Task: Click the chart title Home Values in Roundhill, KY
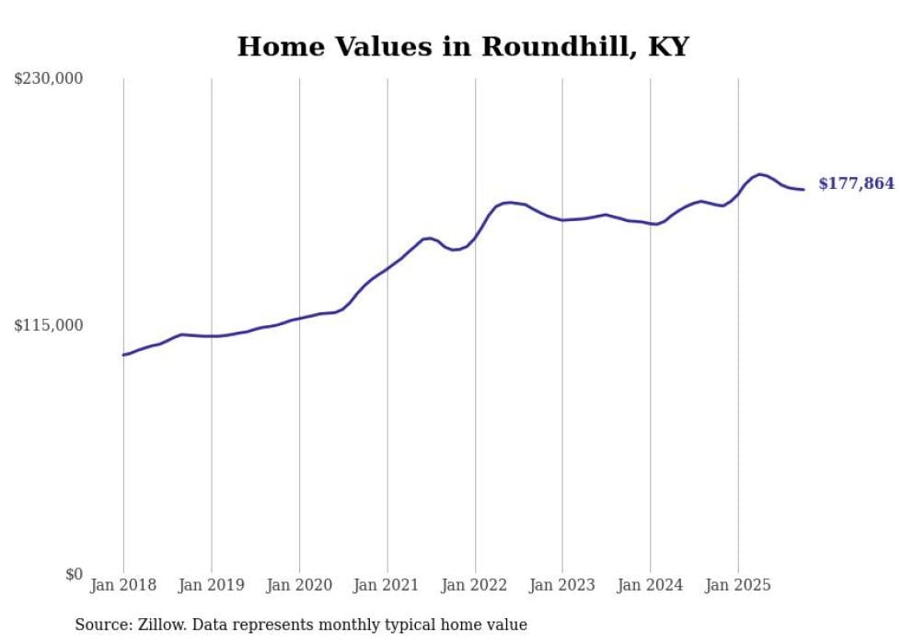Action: tap(463, 46)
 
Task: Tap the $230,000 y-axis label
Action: tap(49, 79)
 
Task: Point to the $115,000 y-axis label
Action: tap(49, 325)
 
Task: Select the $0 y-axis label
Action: tap(74, 574)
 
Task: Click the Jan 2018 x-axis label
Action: tap(123, 585)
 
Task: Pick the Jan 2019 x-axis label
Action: tap(212, 585)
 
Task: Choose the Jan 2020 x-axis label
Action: tap(299, 585)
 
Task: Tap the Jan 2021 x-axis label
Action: tap(387, 585)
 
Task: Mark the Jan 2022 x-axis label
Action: tap(475, 585)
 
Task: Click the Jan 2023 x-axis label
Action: tap(562, 585)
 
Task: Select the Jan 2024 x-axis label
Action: tap(651, 585)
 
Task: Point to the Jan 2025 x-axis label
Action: tap(738, 585)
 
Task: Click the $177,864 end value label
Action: tap(856, 184)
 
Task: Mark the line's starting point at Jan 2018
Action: tap(123, 355)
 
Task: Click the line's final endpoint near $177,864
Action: tap(804, 190)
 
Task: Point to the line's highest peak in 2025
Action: tap(760, 173)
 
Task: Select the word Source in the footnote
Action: tap(102, 625)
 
